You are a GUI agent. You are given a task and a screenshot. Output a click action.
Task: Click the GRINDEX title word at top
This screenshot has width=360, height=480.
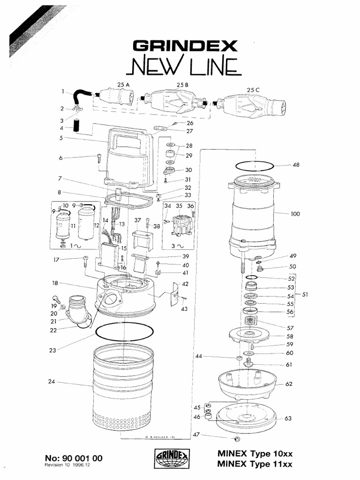pyautogui.click(x=186, y=46)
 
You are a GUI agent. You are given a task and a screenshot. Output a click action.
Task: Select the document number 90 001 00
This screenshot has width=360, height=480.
pyautogui.click(x=74, y=458)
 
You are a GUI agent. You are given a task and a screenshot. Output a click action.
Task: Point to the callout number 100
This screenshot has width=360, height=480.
pyautogui.click(x=296, y=214)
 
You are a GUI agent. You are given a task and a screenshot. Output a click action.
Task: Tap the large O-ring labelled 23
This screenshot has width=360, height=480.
pyautogui.click(x=124, y=331)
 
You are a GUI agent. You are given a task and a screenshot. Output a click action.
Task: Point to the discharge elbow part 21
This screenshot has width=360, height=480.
pyautogui.click(x=77, y=311)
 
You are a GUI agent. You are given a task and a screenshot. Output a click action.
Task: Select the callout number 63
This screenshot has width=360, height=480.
pyautogui.click(x=288, y=419)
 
